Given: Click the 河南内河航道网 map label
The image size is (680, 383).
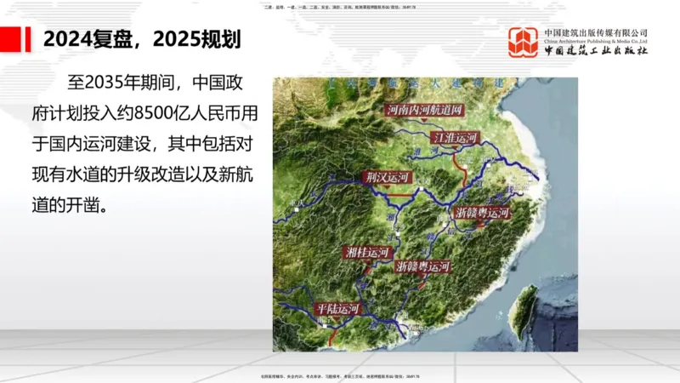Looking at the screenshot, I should (x=427, y=110).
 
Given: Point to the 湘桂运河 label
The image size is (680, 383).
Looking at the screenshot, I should (x=367, y=253).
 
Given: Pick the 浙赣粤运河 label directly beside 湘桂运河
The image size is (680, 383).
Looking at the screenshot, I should (x=422, y=266).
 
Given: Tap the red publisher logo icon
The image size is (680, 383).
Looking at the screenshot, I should (x=524, y=43).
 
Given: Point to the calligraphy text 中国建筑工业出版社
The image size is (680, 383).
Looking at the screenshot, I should (x=596, y=51).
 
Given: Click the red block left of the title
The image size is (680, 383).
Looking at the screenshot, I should (x=11, y=39).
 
